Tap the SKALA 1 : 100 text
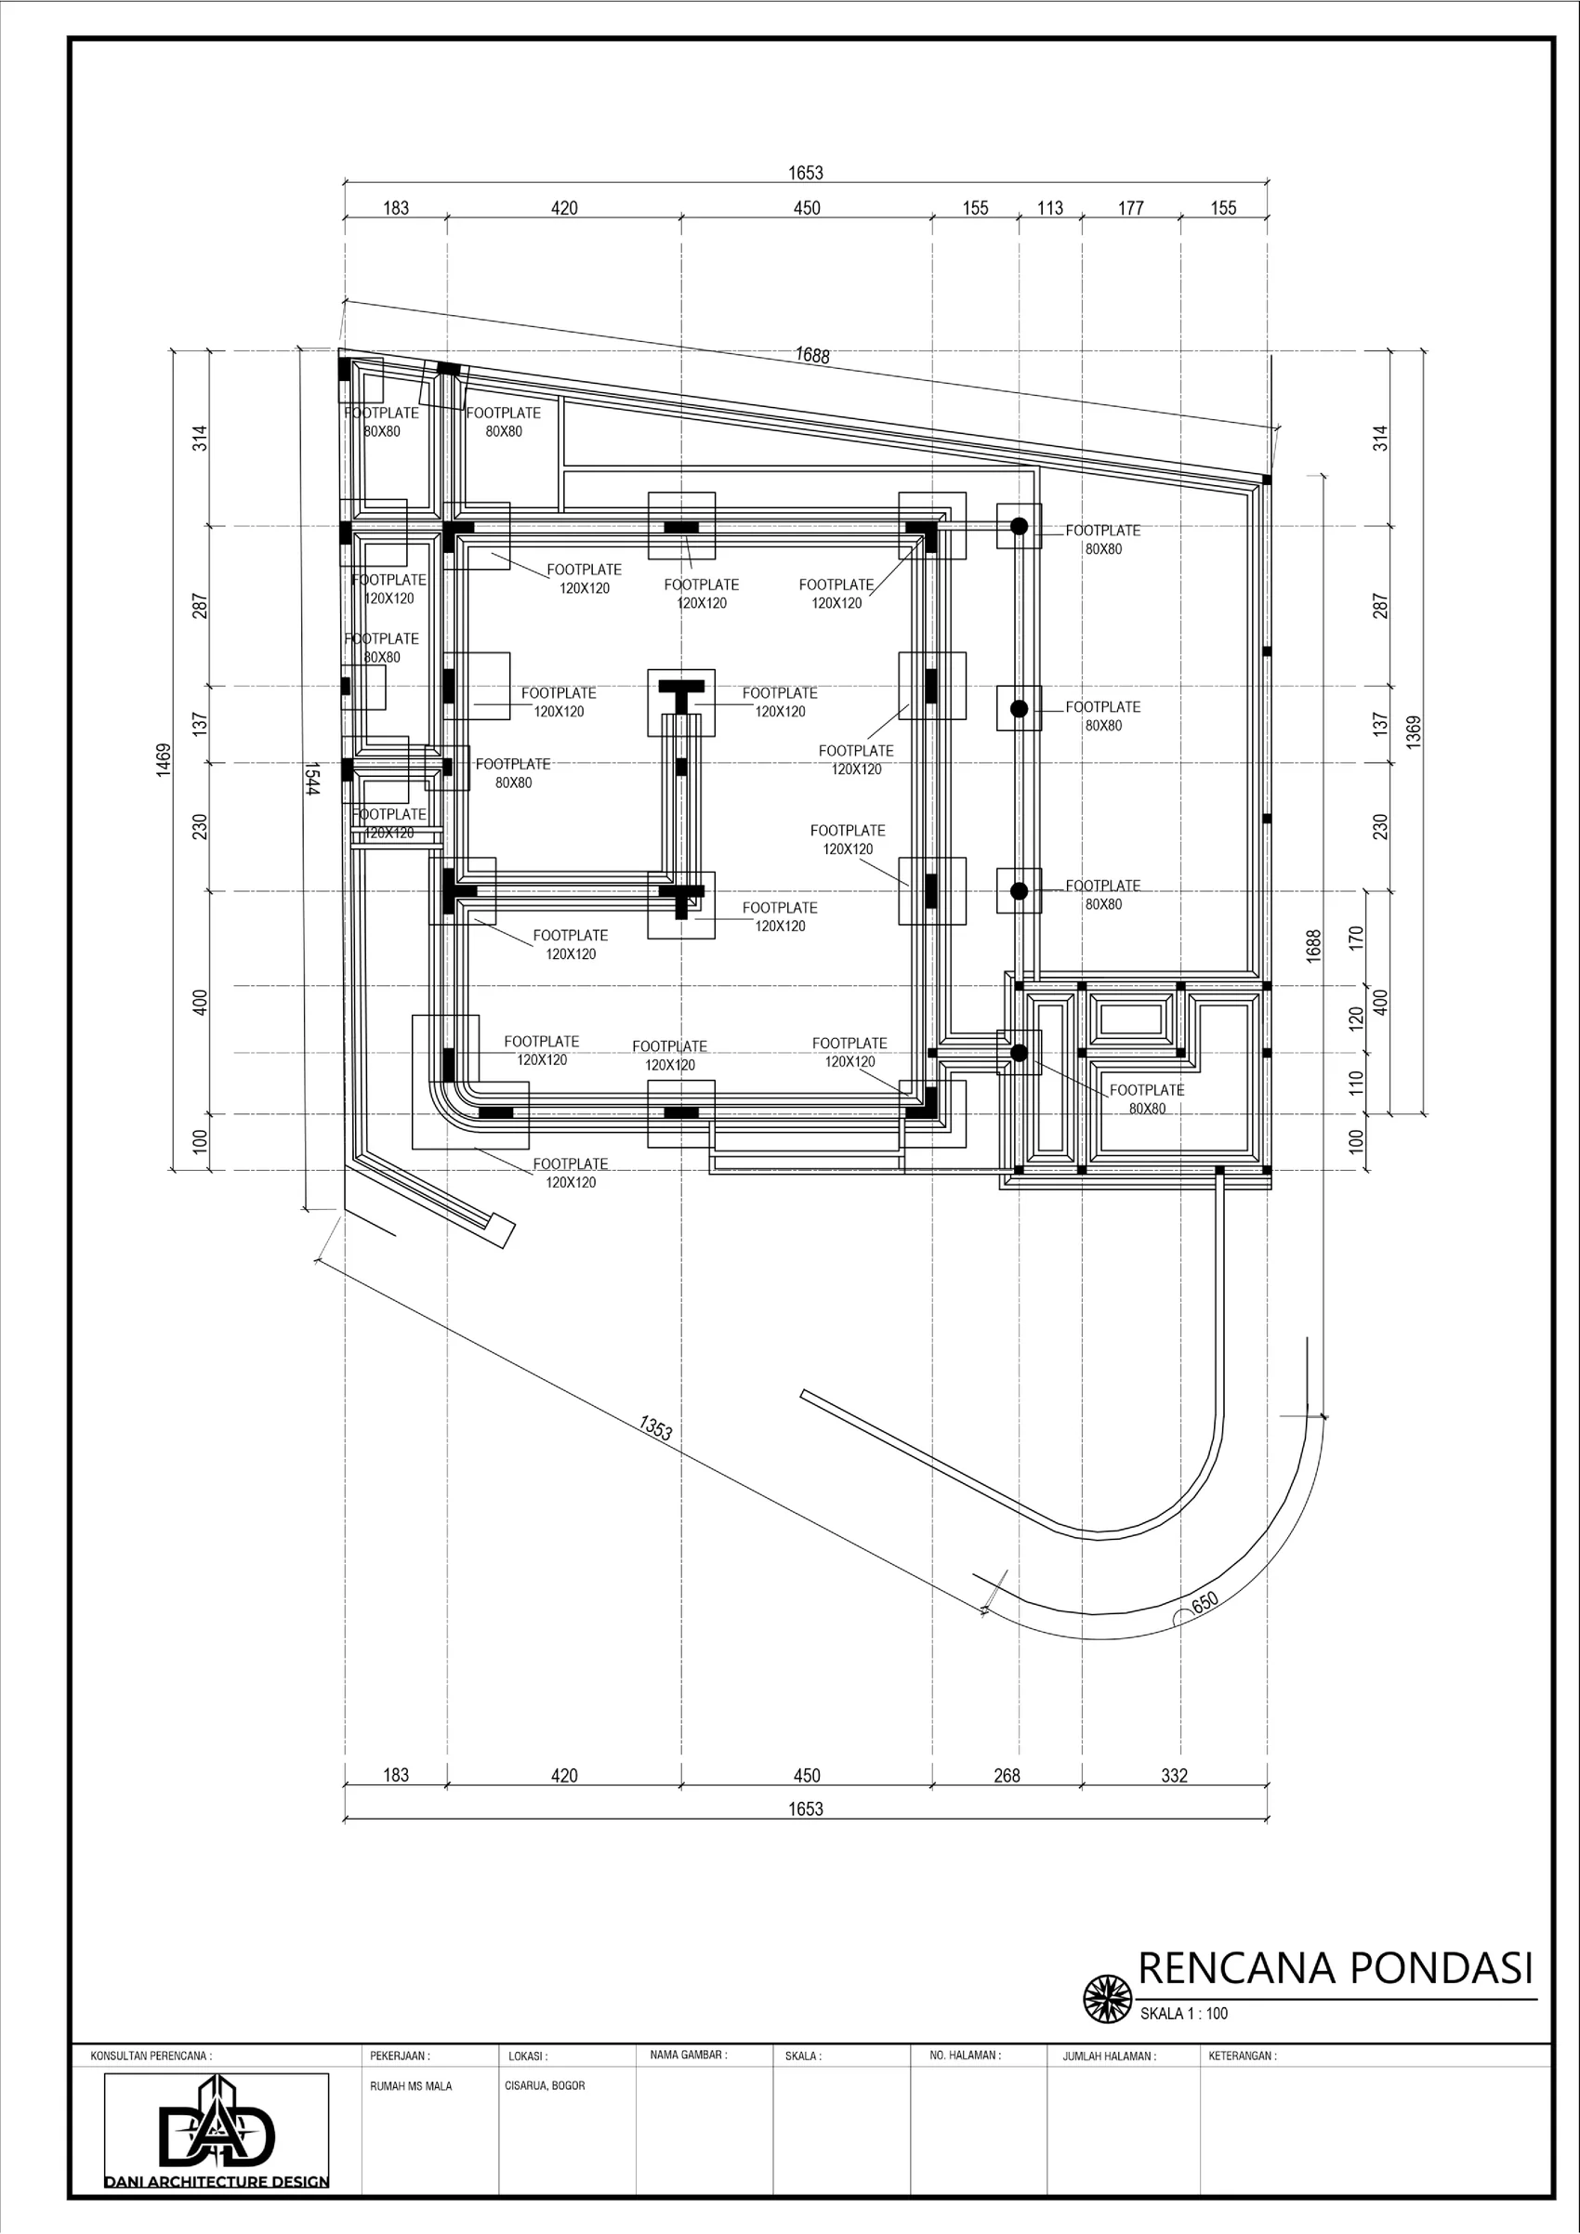pyautogui.click(x=1184, y=2013)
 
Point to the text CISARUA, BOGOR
pyautogui.click(x=545, y=2086)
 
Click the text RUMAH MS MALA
pyautogui.click(x=411, y=2086)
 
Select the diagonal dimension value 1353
pyautogui.click(x=656, y=1427)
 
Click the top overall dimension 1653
pyautogui.click(x=806, y=173)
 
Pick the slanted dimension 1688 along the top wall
pyautogui.click(x=812, y=355)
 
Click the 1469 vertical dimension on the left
pyautogui.click(x=164, y=760)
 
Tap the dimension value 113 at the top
pyautogui.click(x=1049, y=208)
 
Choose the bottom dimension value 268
pyautogui.click(x=1007, y=1776)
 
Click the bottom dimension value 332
pyautogui.click(x=1174, y=1776)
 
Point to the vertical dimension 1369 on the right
pyautogui.click(x=1414, y=730)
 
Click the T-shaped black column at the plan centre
pyautogui.click(x=681, y=692)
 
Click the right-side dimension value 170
pyautogui.click(x=1357, y=938)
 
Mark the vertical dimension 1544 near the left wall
pyautogui.click(x=311, y=779)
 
